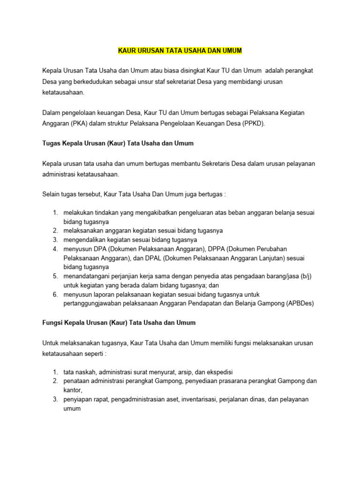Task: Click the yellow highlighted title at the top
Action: [180, 50]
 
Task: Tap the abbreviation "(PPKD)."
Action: [254, 124]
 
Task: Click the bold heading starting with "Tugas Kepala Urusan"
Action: [118, 142]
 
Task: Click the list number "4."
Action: [55, 248]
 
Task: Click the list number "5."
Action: [55, 276]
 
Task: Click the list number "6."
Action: [55, 294]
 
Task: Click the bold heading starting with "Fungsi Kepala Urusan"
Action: [119, 322]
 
